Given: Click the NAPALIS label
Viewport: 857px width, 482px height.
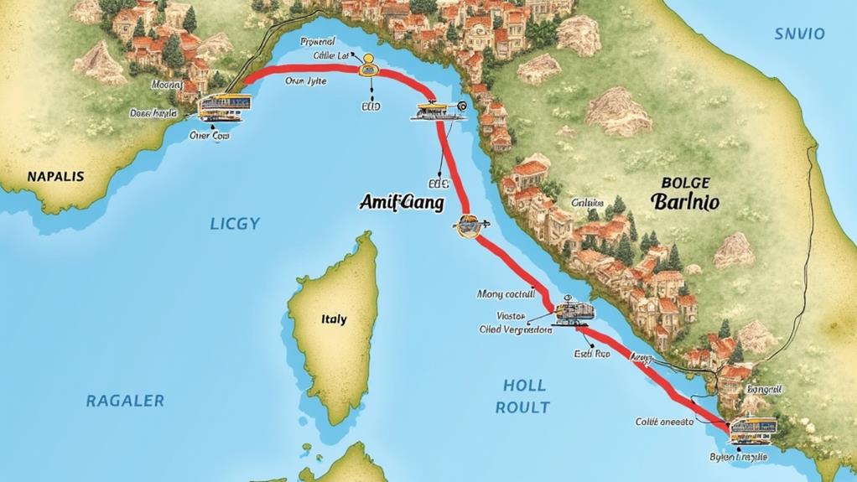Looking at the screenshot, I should [x=55, y=177].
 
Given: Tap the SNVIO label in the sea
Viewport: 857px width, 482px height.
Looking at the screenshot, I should [x=799, y=34].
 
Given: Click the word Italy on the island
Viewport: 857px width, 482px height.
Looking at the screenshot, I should [x=333, y=319].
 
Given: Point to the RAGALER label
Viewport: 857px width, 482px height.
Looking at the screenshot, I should [x=125, y=401].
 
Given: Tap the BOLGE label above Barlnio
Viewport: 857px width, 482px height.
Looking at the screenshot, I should [x=685, y=182].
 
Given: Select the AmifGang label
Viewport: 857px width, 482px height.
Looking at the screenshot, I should [x=402, y=203].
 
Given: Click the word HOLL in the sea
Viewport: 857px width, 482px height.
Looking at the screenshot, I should [x=524, y=386].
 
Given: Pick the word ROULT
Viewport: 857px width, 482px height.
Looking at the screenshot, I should [x=522, y=407].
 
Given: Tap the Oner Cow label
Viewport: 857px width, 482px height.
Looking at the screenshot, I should [x=209, y=135].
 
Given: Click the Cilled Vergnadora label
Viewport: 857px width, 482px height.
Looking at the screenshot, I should [x=515, y=330].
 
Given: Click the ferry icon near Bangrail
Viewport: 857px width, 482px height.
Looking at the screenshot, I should [x=752, y=429].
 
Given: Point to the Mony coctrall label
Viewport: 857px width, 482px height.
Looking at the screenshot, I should [x=506, y=294].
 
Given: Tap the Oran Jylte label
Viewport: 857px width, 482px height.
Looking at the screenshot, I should [x=305, y=81].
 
